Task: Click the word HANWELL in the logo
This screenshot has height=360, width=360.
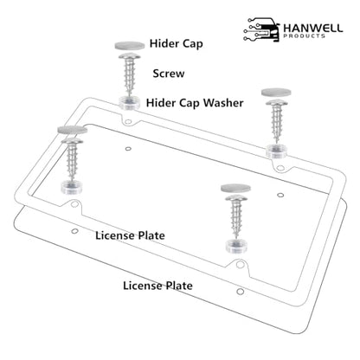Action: [313, 29]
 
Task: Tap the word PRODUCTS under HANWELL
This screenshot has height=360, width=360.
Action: [304, 36]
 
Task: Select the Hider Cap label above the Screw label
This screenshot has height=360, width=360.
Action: [176, 44]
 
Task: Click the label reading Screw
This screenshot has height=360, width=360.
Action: [169, 74]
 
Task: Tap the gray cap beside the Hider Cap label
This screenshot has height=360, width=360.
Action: [130, 45]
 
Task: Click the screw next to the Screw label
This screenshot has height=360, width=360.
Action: [130, 73]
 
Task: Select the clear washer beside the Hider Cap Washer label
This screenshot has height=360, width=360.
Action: [130, 103]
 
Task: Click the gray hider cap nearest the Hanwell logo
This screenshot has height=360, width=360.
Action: [276, 93]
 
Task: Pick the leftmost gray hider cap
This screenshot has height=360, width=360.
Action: [73, 130]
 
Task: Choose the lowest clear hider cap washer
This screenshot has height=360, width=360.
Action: [236, 246]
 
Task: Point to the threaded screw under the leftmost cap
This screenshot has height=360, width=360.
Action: [73, 158]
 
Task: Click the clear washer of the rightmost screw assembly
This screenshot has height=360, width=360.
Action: [276, 151]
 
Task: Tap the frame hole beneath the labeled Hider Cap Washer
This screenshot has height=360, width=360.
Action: [128, 122]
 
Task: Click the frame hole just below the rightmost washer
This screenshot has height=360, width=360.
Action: [280, 168]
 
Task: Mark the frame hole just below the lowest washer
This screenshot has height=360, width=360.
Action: [240, 263]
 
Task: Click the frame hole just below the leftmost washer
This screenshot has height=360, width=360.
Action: [74, 204]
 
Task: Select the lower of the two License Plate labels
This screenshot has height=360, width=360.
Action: [157, 286]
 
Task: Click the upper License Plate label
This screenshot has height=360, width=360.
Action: [130, 235]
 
